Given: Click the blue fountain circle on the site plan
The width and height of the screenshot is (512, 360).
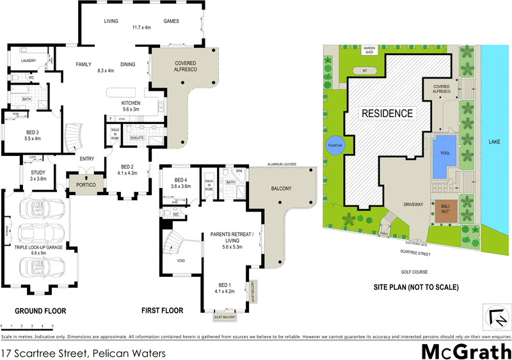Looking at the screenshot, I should click(x=335, y=146).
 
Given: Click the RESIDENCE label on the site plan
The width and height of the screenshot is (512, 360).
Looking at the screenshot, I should click(x=388, y=114).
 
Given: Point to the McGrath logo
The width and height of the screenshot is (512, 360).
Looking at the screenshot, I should click(x=466, y=350).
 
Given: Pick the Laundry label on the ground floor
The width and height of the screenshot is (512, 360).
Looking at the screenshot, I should click(x=28, y=61).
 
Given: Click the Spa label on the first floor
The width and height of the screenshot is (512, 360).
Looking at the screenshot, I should click(x=239, y=172).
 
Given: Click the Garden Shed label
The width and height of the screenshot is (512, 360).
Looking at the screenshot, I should click(x=369, y=50).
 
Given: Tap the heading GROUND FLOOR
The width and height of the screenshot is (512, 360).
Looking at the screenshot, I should click(x=41, y=311).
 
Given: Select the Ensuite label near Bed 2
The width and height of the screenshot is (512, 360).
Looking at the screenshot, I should click(x=136, y=137).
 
